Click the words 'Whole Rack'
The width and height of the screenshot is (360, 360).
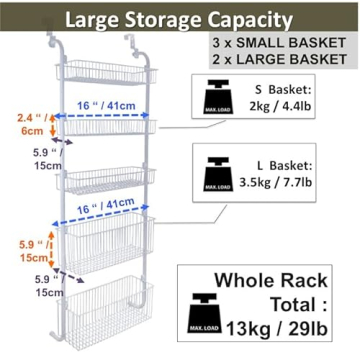tap(288, 279)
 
